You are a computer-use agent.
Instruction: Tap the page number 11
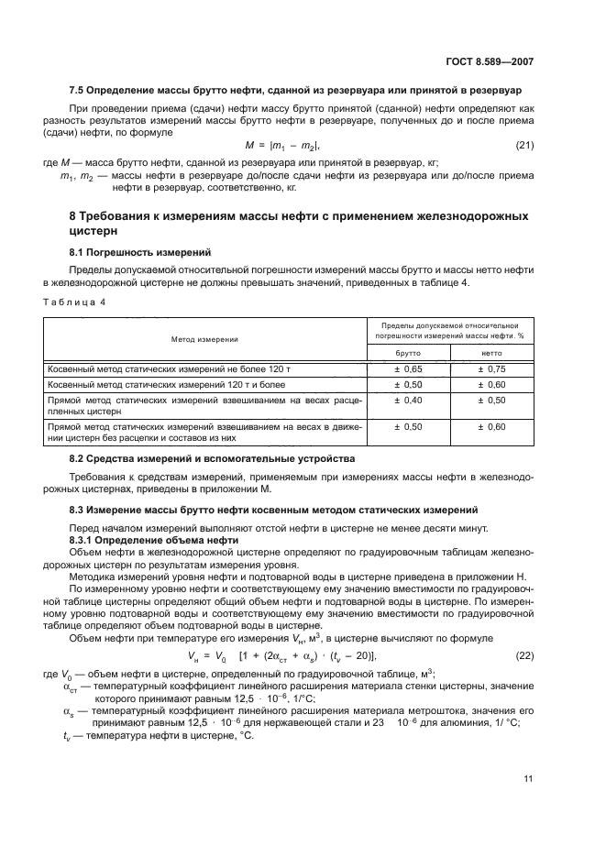coord(528,779)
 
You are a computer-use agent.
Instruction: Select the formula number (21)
coord(523,145)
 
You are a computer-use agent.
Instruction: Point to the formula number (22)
coord(523,654)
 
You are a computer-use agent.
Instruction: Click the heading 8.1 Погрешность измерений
coord(140,251)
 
